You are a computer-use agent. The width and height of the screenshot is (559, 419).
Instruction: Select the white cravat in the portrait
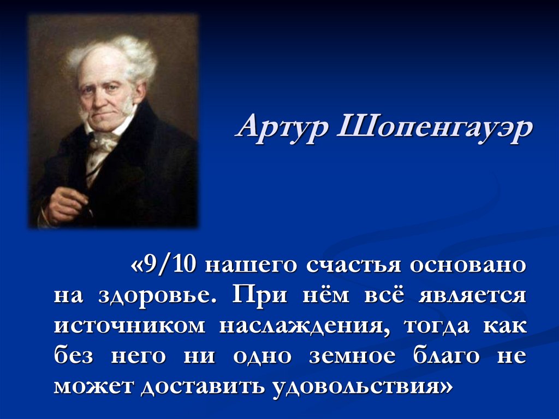pos(104,143)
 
